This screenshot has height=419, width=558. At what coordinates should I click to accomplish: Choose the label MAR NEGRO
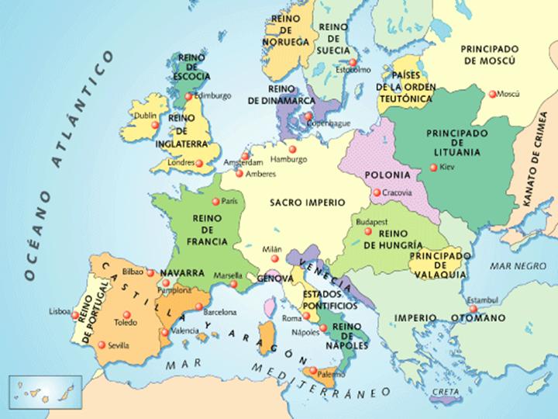pos(513,266)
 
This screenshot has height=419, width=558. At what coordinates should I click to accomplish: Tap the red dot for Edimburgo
pos(189,97)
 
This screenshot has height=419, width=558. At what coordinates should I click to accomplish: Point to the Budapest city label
pos(370,222)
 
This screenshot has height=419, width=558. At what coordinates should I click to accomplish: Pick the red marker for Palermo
pos(312,371)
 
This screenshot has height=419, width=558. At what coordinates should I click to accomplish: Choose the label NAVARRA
pos(182,274)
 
